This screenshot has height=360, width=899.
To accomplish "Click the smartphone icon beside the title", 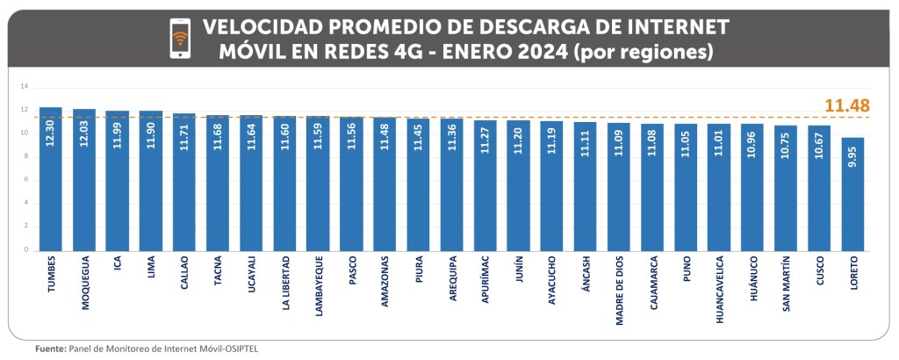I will tap(180, 39).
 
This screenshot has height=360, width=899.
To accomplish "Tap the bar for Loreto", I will tap(852, 194).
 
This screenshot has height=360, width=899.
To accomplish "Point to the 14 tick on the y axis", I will tap(25, 86).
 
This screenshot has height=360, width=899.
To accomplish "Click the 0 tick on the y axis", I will tap(26, 250).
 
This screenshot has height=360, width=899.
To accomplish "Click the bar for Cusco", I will tap(819, 188).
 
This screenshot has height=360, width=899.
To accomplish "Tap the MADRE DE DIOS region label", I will tap(619, 291).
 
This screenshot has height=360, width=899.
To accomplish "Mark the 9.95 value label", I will tap(853, 155).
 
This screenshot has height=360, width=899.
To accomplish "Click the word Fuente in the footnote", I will tap(50, 349).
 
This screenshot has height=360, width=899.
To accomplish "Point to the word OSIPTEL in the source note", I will tap(240, 349).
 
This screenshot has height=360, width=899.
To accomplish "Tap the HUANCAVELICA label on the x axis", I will tap(719, 289).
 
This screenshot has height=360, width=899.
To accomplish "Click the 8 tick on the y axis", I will tap(26, 156).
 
